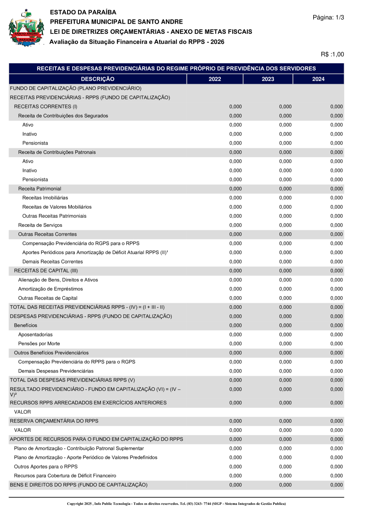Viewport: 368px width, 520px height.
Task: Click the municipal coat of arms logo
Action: (26, 29)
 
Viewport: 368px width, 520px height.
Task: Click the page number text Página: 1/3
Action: (328, 18)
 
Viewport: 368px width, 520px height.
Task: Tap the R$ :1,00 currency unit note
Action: (332, 54)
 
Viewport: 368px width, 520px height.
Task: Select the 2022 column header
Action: (215, 79)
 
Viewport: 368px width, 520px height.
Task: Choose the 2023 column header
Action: (268, 79)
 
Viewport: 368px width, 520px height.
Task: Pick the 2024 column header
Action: (318, 79)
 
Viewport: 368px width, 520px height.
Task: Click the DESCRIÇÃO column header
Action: (98, 79)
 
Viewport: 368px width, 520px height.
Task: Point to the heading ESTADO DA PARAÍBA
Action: (83, 13)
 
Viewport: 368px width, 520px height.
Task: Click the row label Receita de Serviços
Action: (40, 225)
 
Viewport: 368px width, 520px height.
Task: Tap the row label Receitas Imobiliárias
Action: (45, 198)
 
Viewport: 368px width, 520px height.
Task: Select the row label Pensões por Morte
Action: (39, 344)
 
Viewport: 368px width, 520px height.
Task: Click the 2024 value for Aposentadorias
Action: (337, 335)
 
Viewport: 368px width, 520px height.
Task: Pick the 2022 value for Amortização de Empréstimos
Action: (236, 289)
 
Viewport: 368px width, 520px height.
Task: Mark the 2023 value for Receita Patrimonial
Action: (285, 189)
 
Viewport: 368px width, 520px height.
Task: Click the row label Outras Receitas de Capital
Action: (47, 298)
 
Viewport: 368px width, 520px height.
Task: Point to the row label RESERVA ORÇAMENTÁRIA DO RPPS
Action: (54, 421)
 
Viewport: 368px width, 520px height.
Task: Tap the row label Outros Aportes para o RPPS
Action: (46, 466)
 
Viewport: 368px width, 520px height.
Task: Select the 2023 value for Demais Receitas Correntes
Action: (285, 262)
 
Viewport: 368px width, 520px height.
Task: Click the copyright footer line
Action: (176, 504)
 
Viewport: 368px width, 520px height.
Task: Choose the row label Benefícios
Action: (25, 326)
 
